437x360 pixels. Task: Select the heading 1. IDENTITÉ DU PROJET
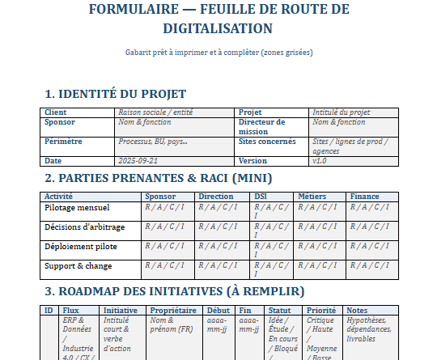[x=116, y=93]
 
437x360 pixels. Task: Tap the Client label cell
[x=56, y=112]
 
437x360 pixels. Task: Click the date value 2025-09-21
[x=139, y=160]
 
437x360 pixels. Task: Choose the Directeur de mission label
[x=262, y=126]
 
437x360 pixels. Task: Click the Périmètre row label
[x=65, y=141]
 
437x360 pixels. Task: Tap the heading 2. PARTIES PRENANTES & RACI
[x=159, y=178]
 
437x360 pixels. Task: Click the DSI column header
[x=261, y=197]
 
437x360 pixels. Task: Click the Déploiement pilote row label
[x=79, y=245]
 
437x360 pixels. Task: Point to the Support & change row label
[x=78, y=265]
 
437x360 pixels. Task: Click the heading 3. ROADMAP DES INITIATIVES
[x=174, y=290]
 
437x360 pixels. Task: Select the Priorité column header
[x=321, y=310]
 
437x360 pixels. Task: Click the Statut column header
[x=279, y=310]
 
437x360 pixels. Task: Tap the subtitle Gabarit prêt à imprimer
[x=218, y=52]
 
